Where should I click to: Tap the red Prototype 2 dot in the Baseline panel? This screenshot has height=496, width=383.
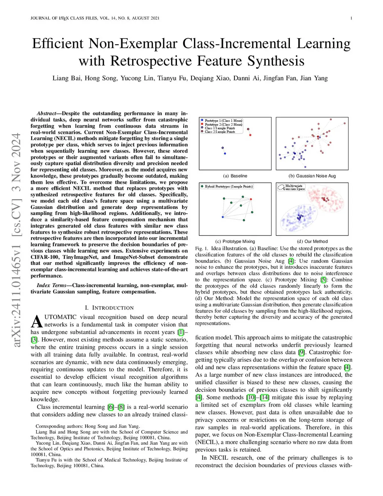(x=248, y=129)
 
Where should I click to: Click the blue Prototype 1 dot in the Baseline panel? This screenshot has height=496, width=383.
(x=223, y=148)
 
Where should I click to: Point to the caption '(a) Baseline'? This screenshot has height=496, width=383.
(x=235, y=176)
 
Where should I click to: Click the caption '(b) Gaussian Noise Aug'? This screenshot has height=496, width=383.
(x=312, y=176)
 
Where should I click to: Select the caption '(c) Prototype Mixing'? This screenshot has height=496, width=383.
(x=235, y=241)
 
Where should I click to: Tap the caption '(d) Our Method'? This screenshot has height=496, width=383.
(x=312, y=241)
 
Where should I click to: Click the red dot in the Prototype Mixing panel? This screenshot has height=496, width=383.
(x=251, y=199)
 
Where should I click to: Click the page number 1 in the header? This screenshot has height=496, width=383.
(x=351, y=18)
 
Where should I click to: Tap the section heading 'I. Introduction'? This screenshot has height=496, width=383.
(x=109, y=308)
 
